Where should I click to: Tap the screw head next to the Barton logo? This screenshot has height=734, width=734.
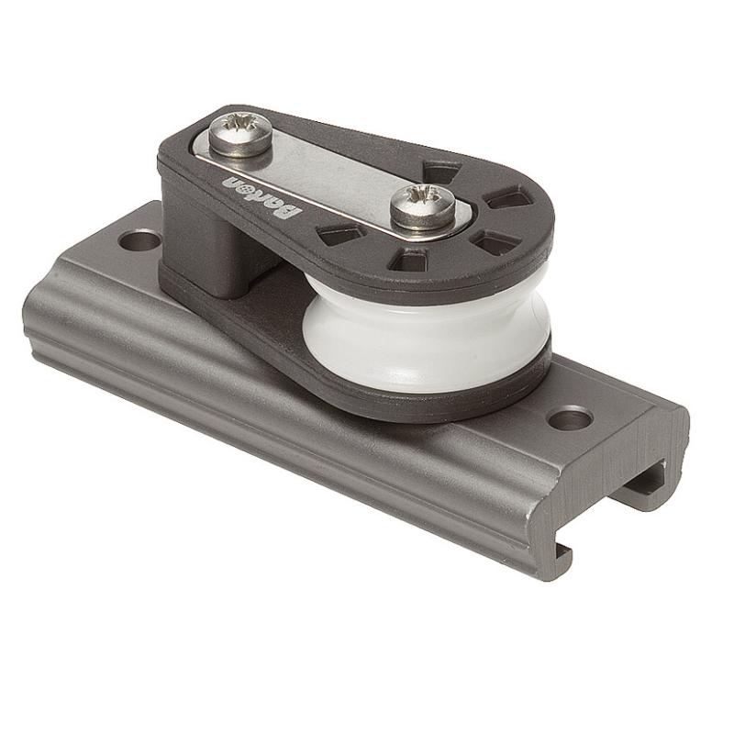point(240,134)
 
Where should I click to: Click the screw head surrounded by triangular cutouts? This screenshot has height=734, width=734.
point(423,206)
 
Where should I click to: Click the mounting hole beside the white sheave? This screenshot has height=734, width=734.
point(569,418)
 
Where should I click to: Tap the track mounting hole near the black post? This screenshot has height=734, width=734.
point(139,241)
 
